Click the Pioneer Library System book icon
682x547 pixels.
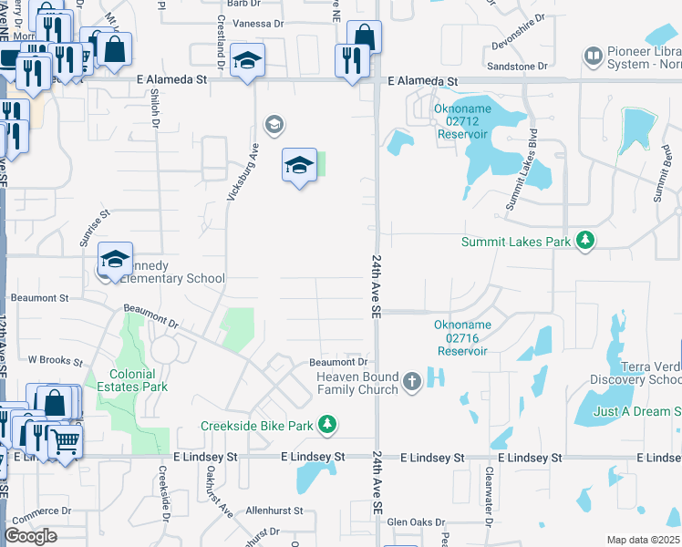(593, 57)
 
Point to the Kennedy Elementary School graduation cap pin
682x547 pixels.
(116, 259)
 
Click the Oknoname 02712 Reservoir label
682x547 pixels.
(461, 125)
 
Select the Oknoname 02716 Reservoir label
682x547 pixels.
(463, 337)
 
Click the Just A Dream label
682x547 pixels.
(636, 411)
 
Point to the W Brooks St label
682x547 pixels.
(55, 360)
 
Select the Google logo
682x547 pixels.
(30, 536)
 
